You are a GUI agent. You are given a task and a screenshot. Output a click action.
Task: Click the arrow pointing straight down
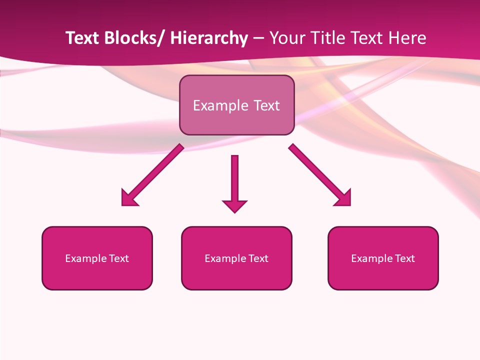[234, 180]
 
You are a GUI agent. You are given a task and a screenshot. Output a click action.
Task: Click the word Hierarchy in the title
[209, 38]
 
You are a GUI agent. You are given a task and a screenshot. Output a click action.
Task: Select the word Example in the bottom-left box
[83, 258]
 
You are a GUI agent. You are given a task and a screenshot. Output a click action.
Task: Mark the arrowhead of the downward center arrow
[234, 206]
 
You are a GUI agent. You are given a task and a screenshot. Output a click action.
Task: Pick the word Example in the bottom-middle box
[222, 258]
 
